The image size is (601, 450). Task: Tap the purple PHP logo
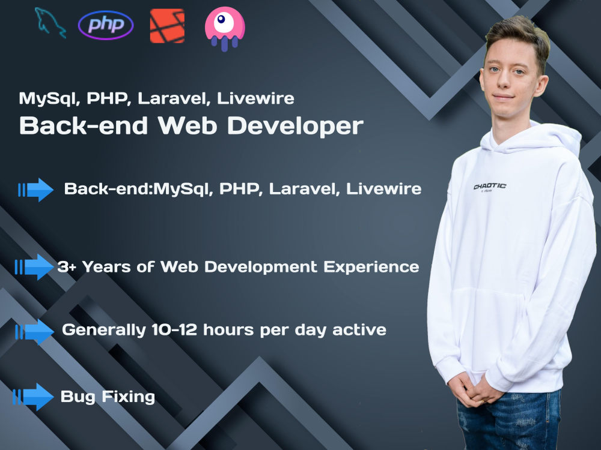pyautogui.click(x=106, y=25)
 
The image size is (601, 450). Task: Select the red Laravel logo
pyautogui.click(x=167, y=26)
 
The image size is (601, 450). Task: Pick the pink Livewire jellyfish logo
pyautogui.click(x=224, y=28)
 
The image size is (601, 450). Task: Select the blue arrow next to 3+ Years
pyautogui.click(x=35, y=267)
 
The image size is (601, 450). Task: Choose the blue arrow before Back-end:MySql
pyautogui.click(x=36, y=190)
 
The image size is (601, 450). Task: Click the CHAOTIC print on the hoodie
pyautogui.click(x=489, y=187)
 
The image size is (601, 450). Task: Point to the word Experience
pyautogui.click(x=371, y=267)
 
